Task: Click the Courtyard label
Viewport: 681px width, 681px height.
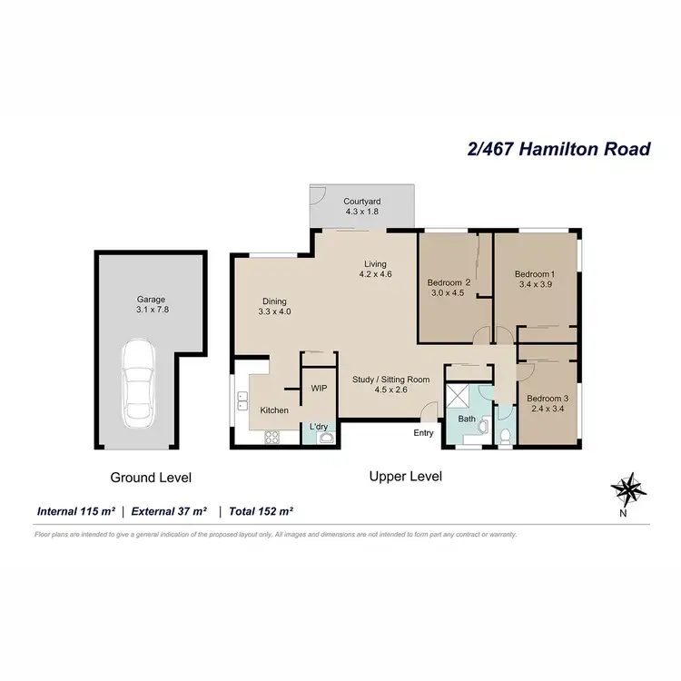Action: tap(360, 201)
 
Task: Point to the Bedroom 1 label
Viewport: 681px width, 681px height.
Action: tap(534, 274)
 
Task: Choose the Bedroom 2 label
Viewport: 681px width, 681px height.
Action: tap(449, 282)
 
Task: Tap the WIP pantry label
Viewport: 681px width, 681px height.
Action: tap(319, 388)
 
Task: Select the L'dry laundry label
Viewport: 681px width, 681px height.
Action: tap(319, 426)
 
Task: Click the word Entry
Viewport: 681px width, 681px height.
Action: tap(423, 433)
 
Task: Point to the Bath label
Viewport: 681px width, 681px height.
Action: tap(467, 419)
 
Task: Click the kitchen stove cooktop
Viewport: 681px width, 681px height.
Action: tap(271, 437)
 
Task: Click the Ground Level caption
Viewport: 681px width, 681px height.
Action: tap(151, 477)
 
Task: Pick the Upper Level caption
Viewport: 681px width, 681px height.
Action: tap(405, 476)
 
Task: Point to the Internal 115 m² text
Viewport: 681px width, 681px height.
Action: tap(77, 511)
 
